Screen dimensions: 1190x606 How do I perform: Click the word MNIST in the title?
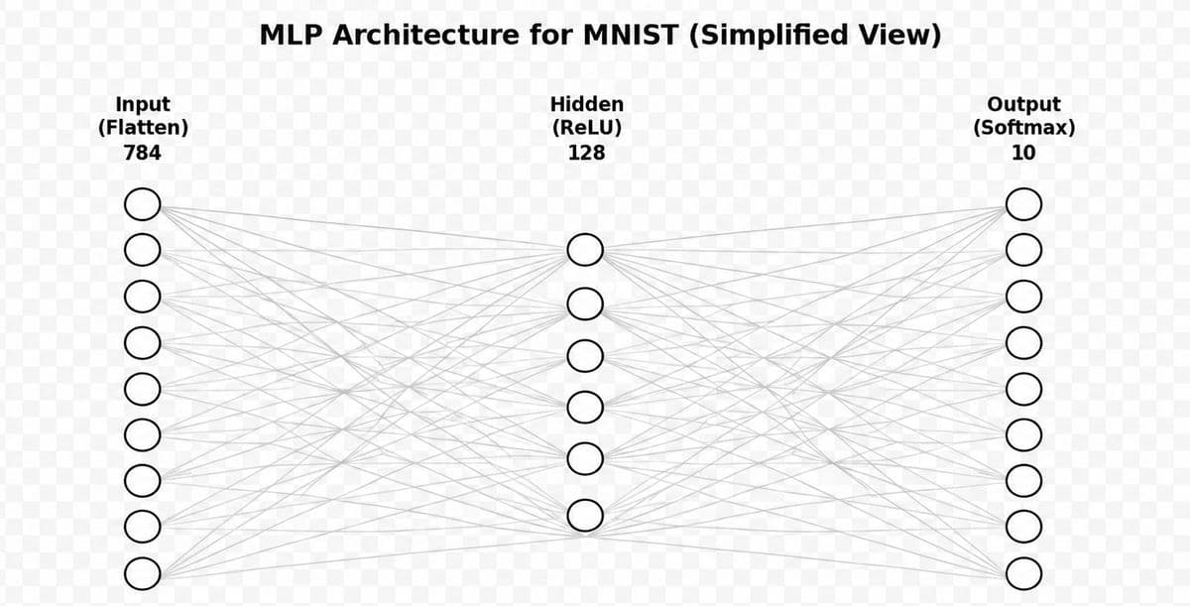pos(631,35)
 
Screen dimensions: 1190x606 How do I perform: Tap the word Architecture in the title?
pos(426,35)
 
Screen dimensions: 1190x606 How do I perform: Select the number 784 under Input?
pos(143,153)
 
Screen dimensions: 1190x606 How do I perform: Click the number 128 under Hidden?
pos(586,153)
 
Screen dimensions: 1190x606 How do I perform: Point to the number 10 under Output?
pos(1023,153)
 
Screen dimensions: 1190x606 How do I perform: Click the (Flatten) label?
pos(143,128)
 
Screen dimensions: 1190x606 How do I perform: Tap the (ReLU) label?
pos(586,128)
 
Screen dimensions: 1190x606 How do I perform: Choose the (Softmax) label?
pos(1023,128)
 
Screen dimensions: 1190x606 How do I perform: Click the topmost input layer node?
pos(125,204)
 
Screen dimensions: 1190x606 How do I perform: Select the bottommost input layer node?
pos(125,573)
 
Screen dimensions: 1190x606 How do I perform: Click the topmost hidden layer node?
pos(568,250)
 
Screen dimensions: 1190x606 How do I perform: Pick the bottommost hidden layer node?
pos(568,515)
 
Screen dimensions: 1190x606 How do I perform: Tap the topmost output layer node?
pos(1007,204)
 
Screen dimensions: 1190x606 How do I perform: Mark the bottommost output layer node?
pos(1007,573)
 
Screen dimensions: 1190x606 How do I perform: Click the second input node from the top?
pos(125,250)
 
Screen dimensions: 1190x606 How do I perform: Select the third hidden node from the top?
pos(568,356)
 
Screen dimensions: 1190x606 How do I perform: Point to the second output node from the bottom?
pos(1007,527)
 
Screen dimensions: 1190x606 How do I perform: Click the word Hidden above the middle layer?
pos(586,104)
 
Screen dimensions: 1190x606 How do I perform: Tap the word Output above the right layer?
pos(1023,105)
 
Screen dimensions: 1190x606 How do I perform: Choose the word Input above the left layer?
pos(143,105)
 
